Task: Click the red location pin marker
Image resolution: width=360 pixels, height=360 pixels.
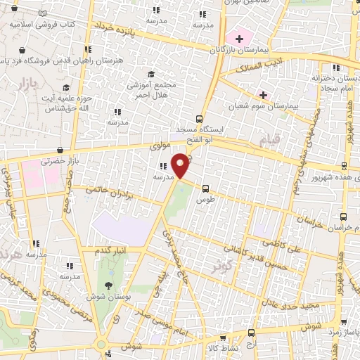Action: (181, 164)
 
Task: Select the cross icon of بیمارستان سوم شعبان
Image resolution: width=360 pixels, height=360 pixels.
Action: (263, 94)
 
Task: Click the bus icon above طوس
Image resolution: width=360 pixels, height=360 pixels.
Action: (205, 188)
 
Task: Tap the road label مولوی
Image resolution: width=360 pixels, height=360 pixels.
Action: (160, 146)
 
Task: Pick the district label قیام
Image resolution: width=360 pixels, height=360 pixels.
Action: (270, 138)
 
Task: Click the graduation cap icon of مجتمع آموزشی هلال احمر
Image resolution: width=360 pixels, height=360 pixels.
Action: (150, 75)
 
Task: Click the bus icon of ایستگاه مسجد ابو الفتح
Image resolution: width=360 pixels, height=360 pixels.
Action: (200, 119)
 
